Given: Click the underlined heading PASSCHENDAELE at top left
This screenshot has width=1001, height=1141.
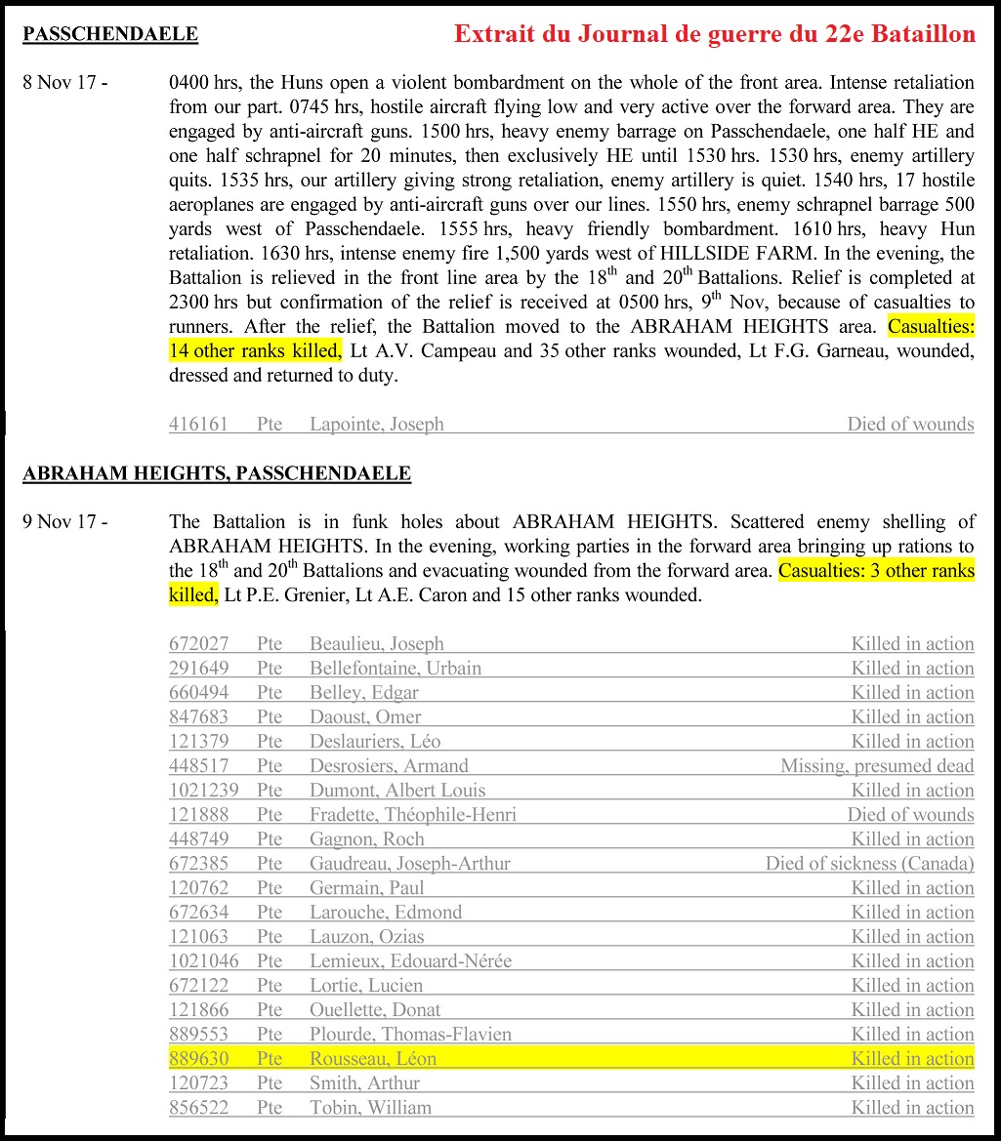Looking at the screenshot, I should [110, 35].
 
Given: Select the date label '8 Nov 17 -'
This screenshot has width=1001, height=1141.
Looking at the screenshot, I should [64, 82].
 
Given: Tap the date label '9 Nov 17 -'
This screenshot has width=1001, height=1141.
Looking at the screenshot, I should [64, 521].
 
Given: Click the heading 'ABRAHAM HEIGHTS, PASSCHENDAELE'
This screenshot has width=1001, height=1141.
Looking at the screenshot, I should [217, 474].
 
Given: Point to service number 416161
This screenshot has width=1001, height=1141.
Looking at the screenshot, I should [198, 424].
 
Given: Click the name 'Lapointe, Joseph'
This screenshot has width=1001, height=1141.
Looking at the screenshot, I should [376, 424].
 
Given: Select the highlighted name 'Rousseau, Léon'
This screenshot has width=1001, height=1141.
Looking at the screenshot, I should [372, 1059].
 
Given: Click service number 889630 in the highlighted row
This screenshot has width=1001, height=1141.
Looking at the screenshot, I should [198, 1059].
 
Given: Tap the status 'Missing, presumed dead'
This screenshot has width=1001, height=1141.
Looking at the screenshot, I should [876, 766].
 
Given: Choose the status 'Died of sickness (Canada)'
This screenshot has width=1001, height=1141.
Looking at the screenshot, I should [869, 864].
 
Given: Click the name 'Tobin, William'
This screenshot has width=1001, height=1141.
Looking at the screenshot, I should [369, 1108].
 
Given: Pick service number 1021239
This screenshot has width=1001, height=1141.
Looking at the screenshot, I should [203, 791].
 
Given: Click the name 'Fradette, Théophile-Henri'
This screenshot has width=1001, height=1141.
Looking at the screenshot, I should [412, 815].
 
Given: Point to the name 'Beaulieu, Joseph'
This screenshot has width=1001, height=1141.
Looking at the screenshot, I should [376, 644].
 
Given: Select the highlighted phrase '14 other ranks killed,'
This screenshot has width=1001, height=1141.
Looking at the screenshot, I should [256, 350].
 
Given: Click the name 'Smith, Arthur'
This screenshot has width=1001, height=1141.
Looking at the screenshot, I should [364, 1083].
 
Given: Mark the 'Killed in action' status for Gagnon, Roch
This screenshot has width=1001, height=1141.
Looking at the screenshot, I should [911, 839].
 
